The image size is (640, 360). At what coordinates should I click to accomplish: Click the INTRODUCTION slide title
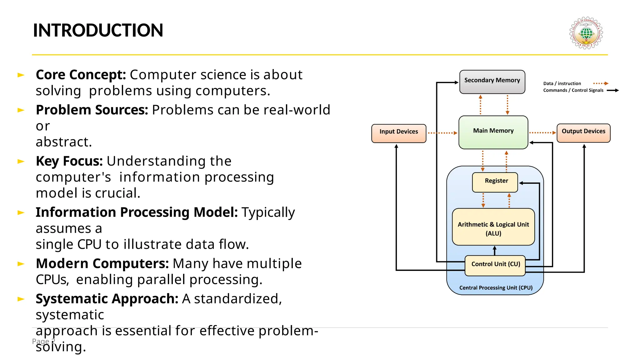pyautogui.click(x=98, y=30)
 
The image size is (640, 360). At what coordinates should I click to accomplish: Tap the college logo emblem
pyautogui.click(x=586, y=33)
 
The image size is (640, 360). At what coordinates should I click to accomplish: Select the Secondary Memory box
pyautogui.click(x=492, y=82)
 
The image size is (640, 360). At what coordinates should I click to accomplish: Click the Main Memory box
pyautogui.click(x=493, y=132)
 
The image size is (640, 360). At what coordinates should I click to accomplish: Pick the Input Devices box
pyautogui.click(x=398, y=133)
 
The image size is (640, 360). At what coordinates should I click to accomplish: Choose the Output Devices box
pyautogui.click(x=583, y=133)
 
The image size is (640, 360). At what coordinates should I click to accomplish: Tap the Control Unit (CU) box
pyautogui.click(x=495, y=265)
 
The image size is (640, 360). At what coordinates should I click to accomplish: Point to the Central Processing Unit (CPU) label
pyautogui.click(x=496, y=287)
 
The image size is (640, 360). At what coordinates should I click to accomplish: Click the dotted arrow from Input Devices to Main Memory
pyautogui.click(x=442, y=133)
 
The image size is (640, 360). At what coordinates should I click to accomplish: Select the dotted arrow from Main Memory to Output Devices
pyautogui.click(x=542, y=132)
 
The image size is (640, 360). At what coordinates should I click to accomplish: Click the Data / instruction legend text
pyautogui.click(x=562, y=83)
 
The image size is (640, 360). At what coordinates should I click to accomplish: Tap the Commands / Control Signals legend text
pyautogui.click(x=573, y=90)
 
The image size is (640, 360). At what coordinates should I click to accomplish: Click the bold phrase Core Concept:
pyautogui.click(x=81, y=75)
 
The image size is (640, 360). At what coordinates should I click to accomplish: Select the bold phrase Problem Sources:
pyautogui.click(x=92, y=110)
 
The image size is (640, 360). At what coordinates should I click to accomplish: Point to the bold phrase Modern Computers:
pyautogui.click(x=102, y=263)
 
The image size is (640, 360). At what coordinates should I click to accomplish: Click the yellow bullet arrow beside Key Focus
pyautogui.click(x=21, y=161)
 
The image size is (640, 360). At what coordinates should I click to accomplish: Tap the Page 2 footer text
pyautogui.click(x=43, y=341)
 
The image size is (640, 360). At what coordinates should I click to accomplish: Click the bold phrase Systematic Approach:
pyautogui.click(x=107, y=299)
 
